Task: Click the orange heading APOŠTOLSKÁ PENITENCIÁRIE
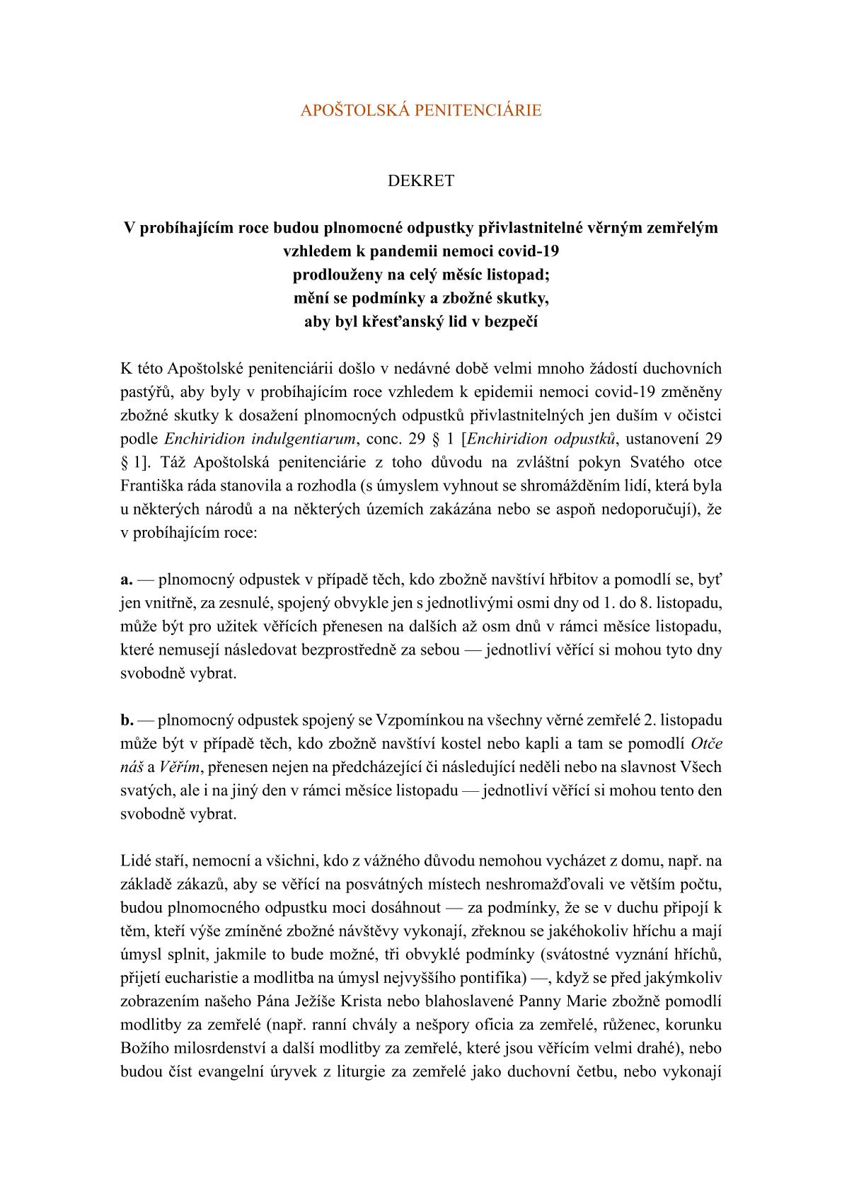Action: coord(421,110)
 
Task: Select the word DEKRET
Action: coord(421,180)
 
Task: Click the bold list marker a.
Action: coord(127,580)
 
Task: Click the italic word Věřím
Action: coord(178,767)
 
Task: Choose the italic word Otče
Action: coord(705,744)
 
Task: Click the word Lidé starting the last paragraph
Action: coord(137,861)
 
